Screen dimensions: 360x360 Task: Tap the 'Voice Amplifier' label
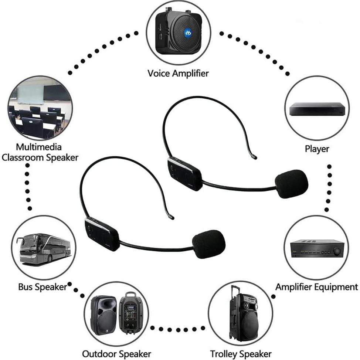tap(178, 73)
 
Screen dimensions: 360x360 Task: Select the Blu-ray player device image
tap(317, 109)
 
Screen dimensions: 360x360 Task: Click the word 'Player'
tap(317, 149)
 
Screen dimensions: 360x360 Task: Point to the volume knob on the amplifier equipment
tap(337, 251)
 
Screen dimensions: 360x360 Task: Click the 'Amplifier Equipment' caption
tap(317, 287)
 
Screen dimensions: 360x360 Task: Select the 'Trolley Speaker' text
tap(241, 354)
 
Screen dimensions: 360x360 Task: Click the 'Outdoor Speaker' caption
tap(116, 354)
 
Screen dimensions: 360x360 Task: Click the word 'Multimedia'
tap(39, 147)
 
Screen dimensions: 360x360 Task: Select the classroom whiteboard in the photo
tap(31, 95)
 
